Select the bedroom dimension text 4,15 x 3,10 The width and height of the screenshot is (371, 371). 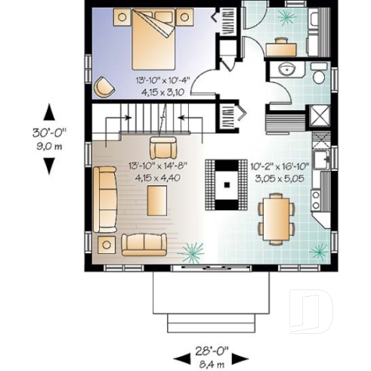pyautogui.click(x=159, y=89)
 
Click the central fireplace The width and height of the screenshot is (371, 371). pyautogui.click(x=226, y=183)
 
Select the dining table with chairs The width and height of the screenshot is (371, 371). pyautogui.click(x=276, y=217)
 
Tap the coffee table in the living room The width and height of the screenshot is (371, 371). pyautogui.click(x=157, y=201)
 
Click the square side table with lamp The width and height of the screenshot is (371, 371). pyautogui.click(x=105, y=244)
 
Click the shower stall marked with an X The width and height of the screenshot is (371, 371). pyautogui.click(x=320, y=116)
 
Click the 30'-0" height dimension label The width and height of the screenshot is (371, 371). pyautogui.click(x=50, y=132)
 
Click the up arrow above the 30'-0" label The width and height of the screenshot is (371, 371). pyautogui.click(x=50, y=113)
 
